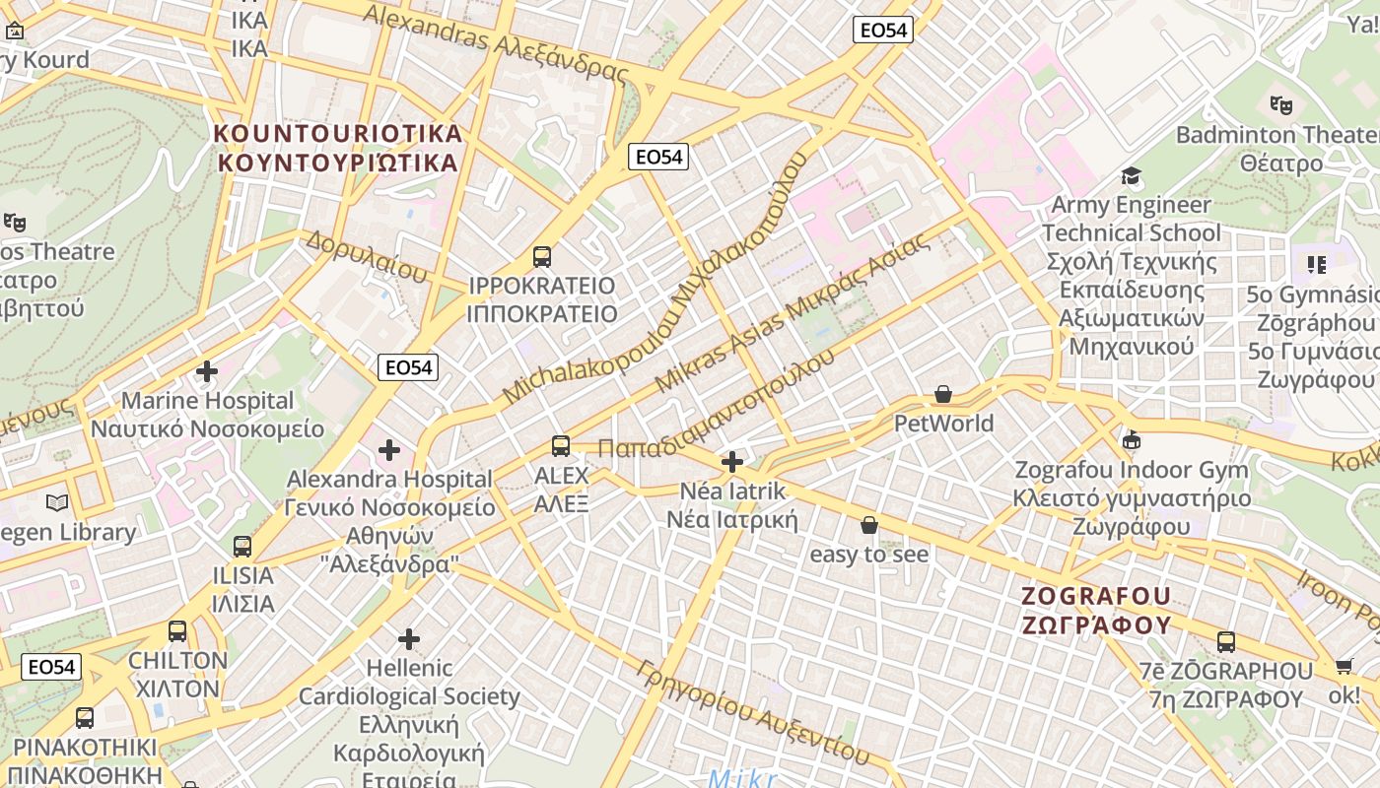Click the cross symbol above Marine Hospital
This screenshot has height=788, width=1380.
point(207,371)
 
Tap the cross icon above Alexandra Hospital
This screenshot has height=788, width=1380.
point(389,450)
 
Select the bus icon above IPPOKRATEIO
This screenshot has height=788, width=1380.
point(541,257)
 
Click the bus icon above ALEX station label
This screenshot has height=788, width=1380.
point(561,446)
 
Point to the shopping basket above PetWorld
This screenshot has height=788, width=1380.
point(943,395)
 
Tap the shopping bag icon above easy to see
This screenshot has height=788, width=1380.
point(869,525)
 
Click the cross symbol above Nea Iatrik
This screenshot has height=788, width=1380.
point(731,461)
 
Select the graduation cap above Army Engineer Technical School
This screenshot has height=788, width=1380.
point(1131,176)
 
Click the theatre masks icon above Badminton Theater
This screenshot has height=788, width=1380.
point(1281,104)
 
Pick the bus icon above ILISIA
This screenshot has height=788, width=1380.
point(242,546)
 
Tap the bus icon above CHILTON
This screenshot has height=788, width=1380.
point(177,631)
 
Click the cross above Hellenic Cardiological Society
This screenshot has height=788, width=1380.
point(409,639)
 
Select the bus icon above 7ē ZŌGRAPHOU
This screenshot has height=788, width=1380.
point(1226,642)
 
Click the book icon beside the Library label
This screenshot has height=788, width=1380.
point(58,503)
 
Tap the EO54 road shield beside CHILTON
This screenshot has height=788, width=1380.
point(51,667)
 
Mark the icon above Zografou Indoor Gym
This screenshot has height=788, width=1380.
point(1132,440)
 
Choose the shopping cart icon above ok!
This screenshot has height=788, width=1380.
point(1344,667)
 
